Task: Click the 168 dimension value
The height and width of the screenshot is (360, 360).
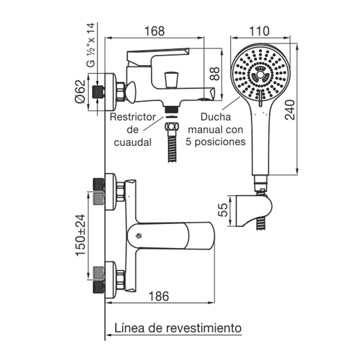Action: (x=155, y=31)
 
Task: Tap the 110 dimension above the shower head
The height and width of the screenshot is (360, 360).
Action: (x=259, y=31)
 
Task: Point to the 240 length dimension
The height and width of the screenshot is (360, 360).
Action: (x=290, y=109)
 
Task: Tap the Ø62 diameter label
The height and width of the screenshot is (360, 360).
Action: (x=80, y=92)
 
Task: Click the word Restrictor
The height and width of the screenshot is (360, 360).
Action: (x=133, y=117)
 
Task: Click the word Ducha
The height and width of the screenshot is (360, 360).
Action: (x=216, y=117)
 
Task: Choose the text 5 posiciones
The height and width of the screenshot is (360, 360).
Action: (x=216, y=142)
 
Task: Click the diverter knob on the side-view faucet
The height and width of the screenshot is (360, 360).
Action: (x=171, y=81)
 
